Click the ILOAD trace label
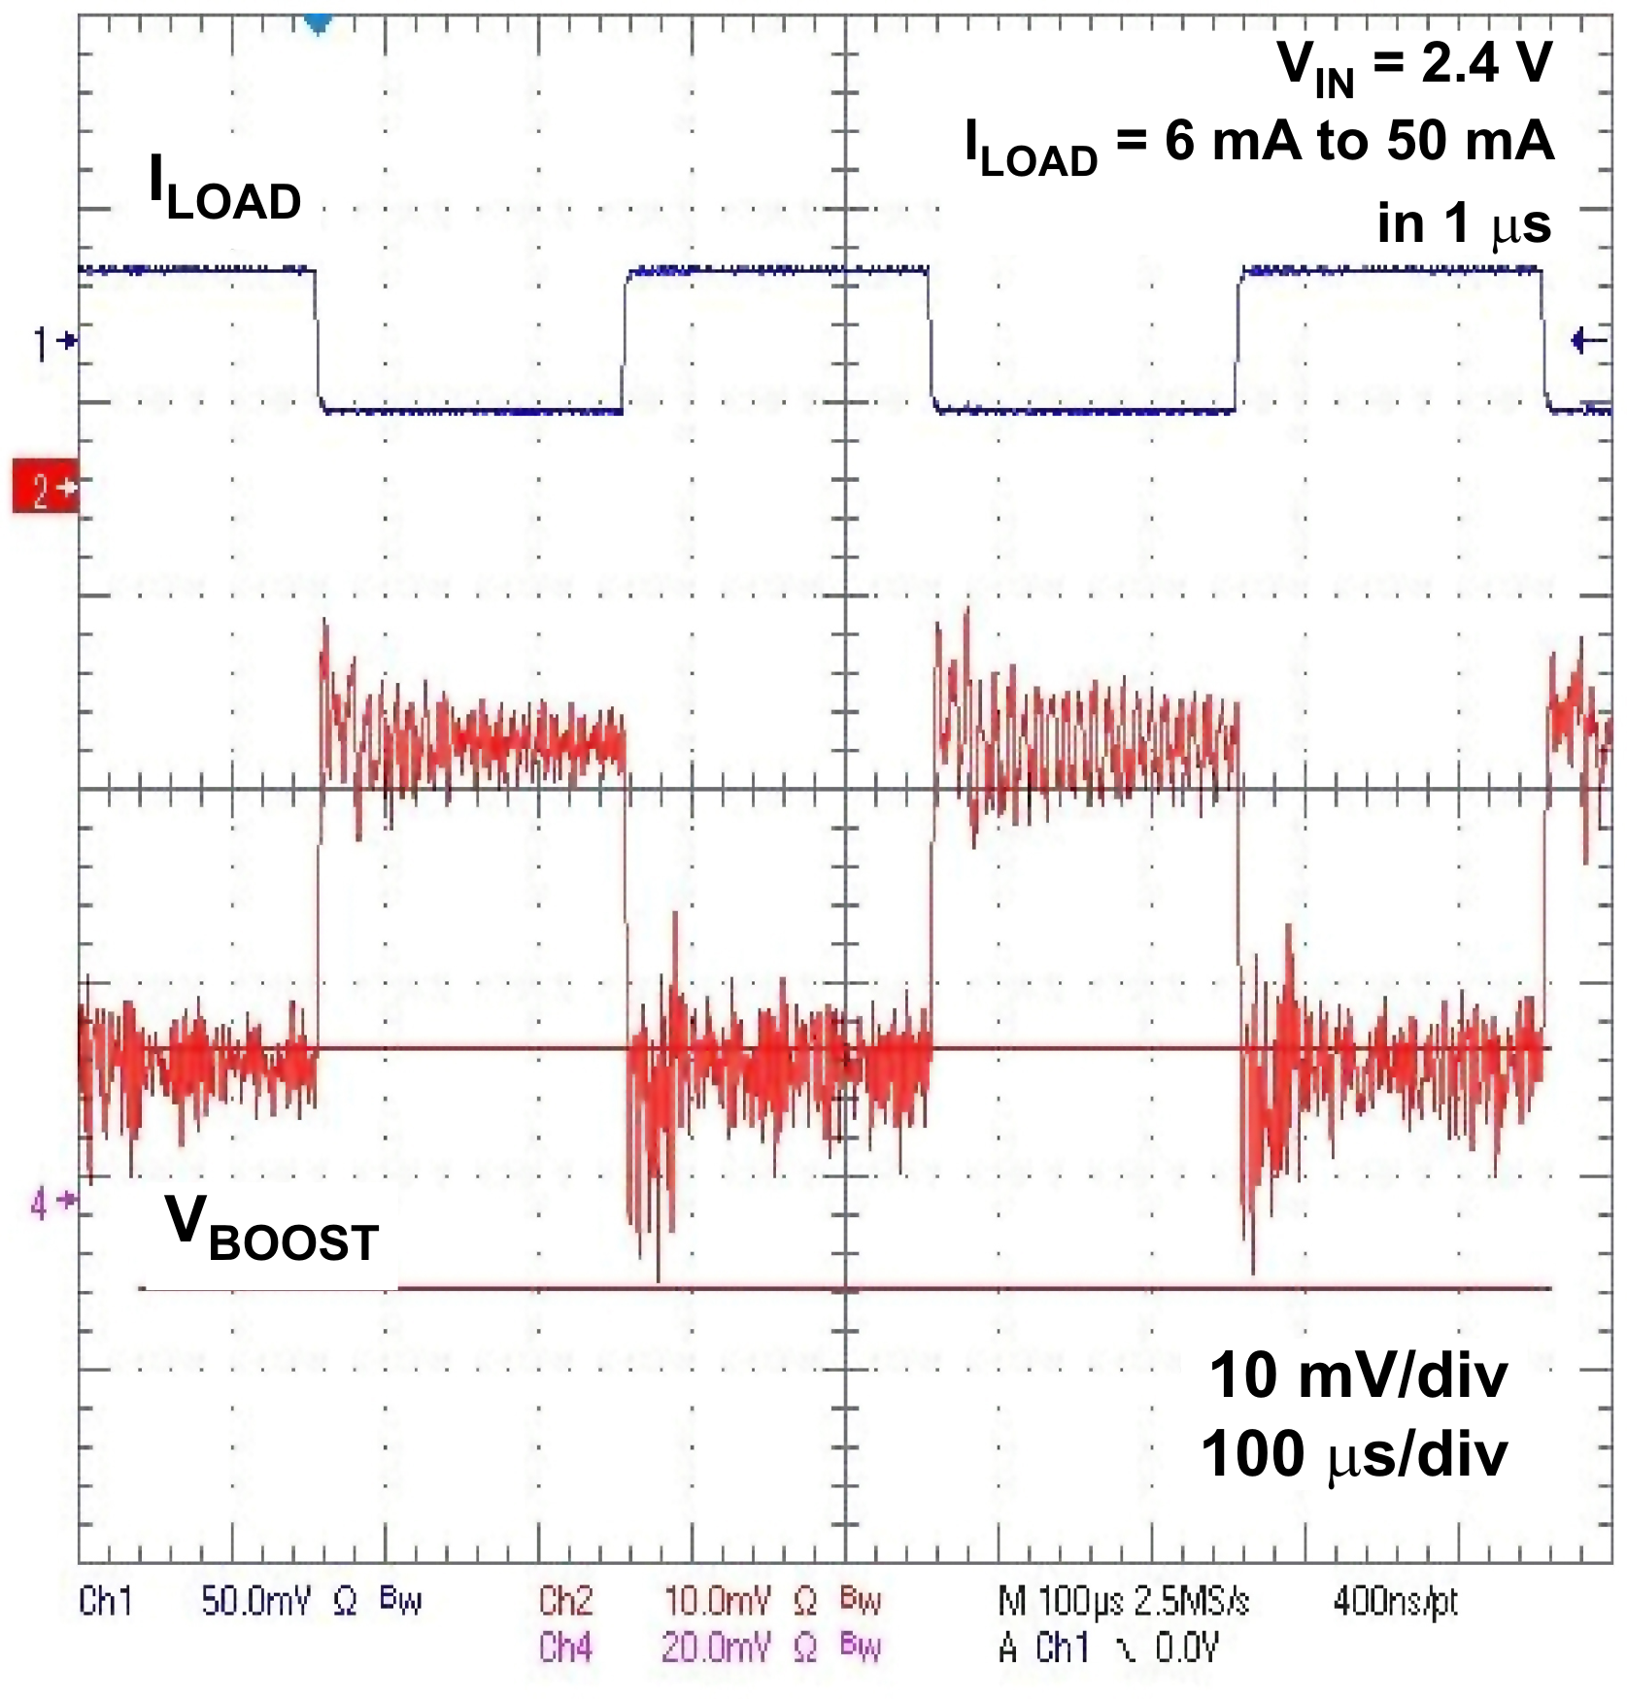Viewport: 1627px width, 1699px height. coord(224,188)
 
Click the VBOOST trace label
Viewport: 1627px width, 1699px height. coord(271,1229)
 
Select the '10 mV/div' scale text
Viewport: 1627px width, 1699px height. coord(1358,1376)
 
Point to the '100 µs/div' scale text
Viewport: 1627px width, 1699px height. coord(1354,1455)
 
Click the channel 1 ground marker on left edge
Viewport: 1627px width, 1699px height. coord(53,342)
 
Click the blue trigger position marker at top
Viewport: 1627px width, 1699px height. coord(318,22)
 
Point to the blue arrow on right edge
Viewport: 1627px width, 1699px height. coord(1589,341)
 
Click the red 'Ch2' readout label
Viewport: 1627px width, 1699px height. coord(565,1601)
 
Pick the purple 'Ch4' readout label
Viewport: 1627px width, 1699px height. coord(565,1648)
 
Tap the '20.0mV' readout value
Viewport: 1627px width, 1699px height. coord(716,1648)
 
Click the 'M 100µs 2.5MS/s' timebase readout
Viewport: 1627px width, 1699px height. coord(1123,1601)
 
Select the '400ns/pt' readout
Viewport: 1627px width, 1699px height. coord(1395,1601)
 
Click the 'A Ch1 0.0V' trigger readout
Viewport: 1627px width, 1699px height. coord(1107,1648)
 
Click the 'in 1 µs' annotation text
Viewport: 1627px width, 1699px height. coord(1463,224)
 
